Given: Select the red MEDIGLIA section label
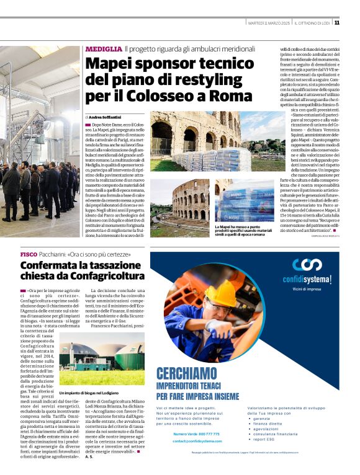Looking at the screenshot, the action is (104, 48).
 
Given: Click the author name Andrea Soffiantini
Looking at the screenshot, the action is (106, 117).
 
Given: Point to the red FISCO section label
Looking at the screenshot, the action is (29, 255).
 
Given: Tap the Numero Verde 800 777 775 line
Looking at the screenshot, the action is (196, 433).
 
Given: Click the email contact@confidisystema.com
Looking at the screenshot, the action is (196, 441).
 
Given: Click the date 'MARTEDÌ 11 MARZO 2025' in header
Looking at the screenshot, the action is (268, 23).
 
